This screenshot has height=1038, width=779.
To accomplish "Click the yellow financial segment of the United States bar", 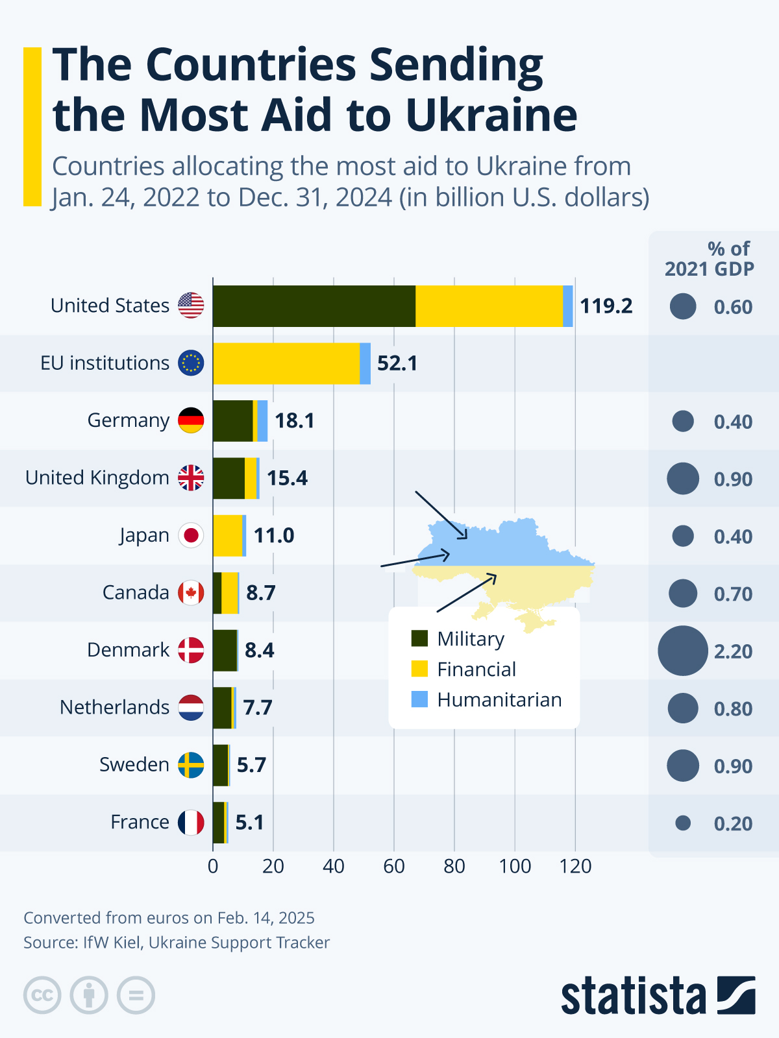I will [489, 306].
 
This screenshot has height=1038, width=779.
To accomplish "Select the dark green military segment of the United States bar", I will [314, 306].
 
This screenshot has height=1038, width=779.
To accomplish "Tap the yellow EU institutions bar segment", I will [286, 363].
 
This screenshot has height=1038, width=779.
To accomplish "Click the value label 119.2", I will [606, 306].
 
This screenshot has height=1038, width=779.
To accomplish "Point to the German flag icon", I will [191, 420].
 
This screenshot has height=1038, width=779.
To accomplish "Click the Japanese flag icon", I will [191, 535].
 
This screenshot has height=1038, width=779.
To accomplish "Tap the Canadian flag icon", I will [191, 592].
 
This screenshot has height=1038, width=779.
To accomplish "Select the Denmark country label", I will [128, 650].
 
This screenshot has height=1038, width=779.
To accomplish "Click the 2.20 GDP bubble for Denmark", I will [683, 651].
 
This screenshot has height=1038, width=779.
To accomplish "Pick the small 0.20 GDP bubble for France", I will [683, 823].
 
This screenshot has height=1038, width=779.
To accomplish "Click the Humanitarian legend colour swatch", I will [420, 699].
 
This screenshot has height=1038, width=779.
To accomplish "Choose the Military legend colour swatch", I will [420, 638].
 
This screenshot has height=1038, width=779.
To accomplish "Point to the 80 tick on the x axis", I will [454, 866].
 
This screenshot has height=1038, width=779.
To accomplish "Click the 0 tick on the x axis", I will [213, 866].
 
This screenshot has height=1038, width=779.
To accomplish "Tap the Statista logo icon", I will [736, 995].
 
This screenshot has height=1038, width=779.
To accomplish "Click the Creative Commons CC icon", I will [42, 995].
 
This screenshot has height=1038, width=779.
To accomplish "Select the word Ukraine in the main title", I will [491, 115].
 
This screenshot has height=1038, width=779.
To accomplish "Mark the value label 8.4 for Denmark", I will [260, 650].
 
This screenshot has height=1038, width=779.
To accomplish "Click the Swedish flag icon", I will [191, 765].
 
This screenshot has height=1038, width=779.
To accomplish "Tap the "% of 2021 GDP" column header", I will [710, 259].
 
